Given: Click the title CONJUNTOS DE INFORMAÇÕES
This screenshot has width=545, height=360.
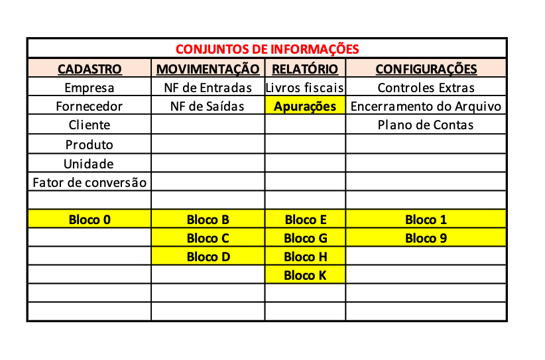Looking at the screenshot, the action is (267, 49).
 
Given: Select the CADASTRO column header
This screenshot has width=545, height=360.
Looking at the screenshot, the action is (90, 69).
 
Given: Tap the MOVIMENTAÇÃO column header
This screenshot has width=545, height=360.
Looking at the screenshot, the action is (208, 69).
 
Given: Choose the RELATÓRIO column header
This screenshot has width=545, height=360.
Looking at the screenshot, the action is (305, 69).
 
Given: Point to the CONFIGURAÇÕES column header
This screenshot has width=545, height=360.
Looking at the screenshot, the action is (426, 69).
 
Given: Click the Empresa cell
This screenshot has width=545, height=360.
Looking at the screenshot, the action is (90, 88).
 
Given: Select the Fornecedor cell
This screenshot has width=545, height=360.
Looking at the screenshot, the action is (90, 106).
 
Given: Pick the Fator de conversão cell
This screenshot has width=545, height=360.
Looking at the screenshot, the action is (90, 182).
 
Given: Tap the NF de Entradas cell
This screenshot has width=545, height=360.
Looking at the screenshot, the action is (208, 88).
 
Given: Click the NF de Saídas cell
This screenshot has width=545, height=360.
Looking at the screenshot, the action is (208, 106).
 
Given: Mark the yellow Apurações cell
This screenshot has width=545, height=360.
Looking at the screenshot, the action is (305, 106).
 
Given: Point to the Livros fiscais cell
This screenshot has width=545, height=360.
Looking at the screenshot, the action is (305, 88).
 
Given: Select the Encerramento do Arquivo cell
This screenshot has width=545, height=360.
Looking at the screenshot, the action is (426, 106).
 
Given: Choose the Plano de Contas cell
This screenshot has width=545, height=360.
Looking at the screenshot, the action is (426, 125).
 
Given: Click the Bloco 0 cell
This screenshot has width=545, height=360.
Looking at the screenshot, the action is (90, 219).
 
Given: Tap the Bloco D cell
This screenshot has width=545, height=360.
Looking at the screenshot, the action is (208, 257).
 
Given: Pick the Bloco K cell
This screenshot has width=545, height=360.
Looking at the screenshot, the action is (305, 275).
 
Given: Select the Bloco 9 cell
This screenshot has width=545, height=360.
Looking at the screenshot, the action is (426, 238).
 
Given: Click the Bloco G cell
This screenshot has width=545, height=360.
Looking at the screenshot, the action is (305, 238).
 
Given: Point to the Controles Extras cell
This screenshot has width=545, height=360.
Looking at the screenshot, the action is (426, 88).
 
